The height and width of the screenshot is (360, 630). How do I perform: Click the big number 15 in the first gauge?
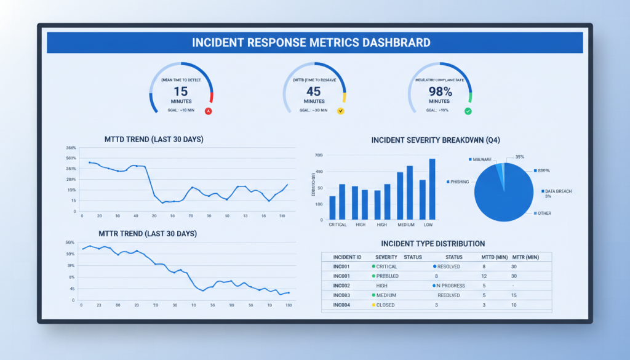pos(180,91)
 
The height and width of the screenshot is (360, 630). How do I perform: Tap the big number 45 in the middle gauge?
pos(313,91)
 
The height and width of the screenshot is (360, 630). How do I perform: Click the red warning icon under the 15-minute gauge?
pos(208,111)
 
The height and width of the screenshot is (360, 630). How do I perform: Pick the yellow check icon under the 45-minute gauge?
pos(340,111)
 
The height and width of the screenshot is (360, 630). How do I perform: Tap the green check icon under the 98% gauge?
pos(468,111)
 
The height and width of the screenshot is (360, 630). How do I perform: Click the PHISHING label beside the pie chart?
pos(459,182)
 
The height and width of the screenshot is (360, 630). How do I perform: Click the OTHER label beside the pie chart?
pos(544,214)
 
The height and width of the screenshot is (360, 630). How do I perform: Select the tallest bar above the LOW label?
pos(432,189)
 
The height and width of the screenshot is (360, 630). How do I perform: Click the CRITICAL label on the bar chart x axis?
pos(338,225)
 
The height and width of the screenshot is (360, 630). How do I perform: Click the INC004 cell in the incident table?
pos(341,305)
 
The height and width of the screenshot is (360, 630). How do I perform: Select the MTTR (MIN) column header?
pos(525,257)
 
